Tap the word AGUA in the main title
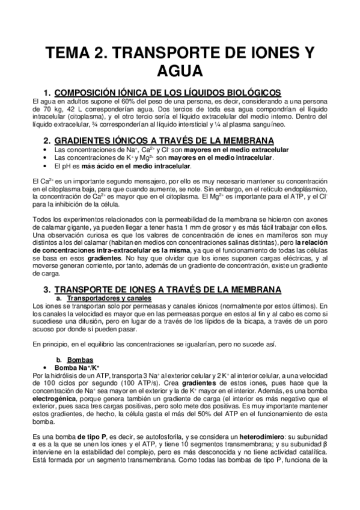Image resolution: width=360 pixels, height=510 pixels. coord(180,73)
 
